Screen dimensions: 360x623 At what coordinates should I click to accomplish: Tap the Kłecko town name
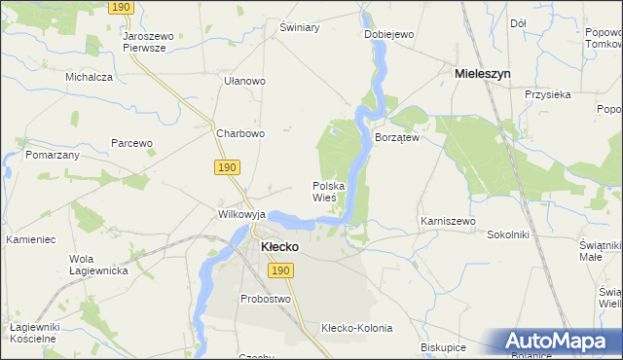pos(279,247)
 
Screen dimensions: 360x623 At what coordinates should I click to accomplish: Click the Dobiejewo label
pos(389,34)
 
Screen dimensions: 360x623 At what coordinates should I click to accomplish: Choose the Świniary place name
pos(300,27)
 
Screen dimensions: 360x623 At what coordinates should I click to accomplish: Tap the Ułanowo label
pos(244,81)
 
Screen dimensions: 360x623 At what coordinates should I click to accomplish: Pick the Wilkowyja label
pos(241,213)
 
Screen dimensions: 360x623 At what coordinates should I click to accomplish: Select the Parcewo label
pos(132,143)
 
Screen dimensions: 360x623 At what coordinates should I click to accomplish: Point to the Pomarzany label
pos(53,155)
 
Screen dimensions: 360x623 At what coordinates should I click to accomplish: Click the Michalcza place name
pos(89,76)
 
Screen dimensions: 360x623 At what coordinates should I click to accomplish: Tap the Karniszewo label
pos(448,221)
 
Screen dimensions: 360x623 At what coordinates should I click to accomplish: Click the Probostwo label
pos(266,299)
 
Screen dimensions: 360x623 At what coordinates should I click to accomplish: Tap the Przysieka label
pos(546,94)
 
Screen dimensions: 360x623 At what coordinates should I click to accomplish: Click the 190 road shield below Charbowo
pos(227,168)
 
